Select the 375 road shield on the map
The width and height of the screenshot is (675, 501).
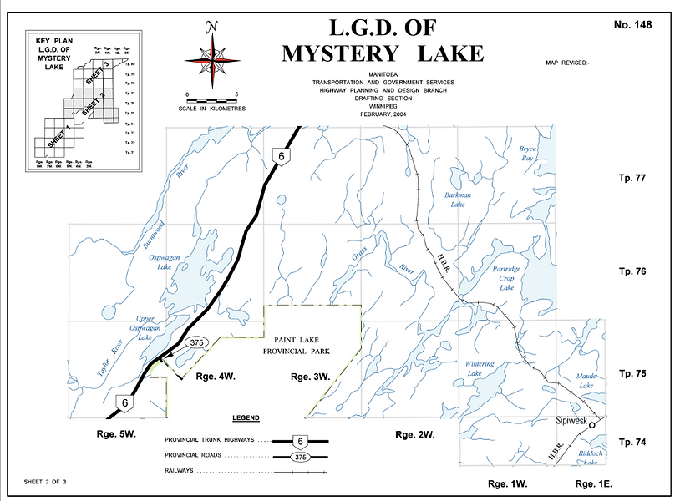pos(196,342)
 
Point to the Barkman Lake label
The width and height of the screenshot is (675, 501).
pos(459,200)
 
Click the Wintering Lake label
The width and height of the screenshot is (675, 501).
pos(480,369)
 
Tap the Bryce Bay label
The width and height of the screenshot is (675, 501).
pos(527,153)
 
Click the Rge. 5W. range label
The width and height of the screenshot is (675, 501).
pos(115,435)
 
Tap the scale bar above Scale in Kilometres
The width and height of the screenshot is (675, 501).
pos(212,100)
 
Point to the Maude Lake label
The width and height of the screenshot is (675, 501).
pos(586,381)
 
